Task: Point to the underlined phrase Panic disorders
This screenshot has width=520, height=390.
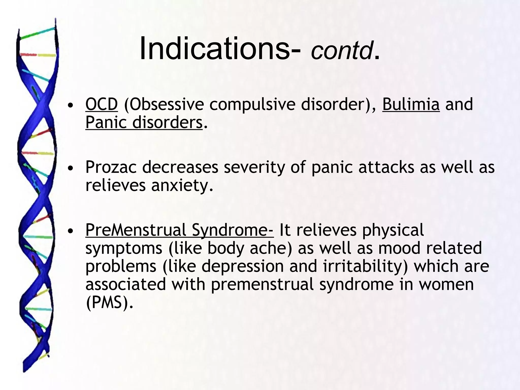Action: tap(144, 122)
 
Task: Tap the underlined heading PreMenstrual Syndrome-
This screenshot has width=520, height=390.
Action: tap(180, 230)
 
